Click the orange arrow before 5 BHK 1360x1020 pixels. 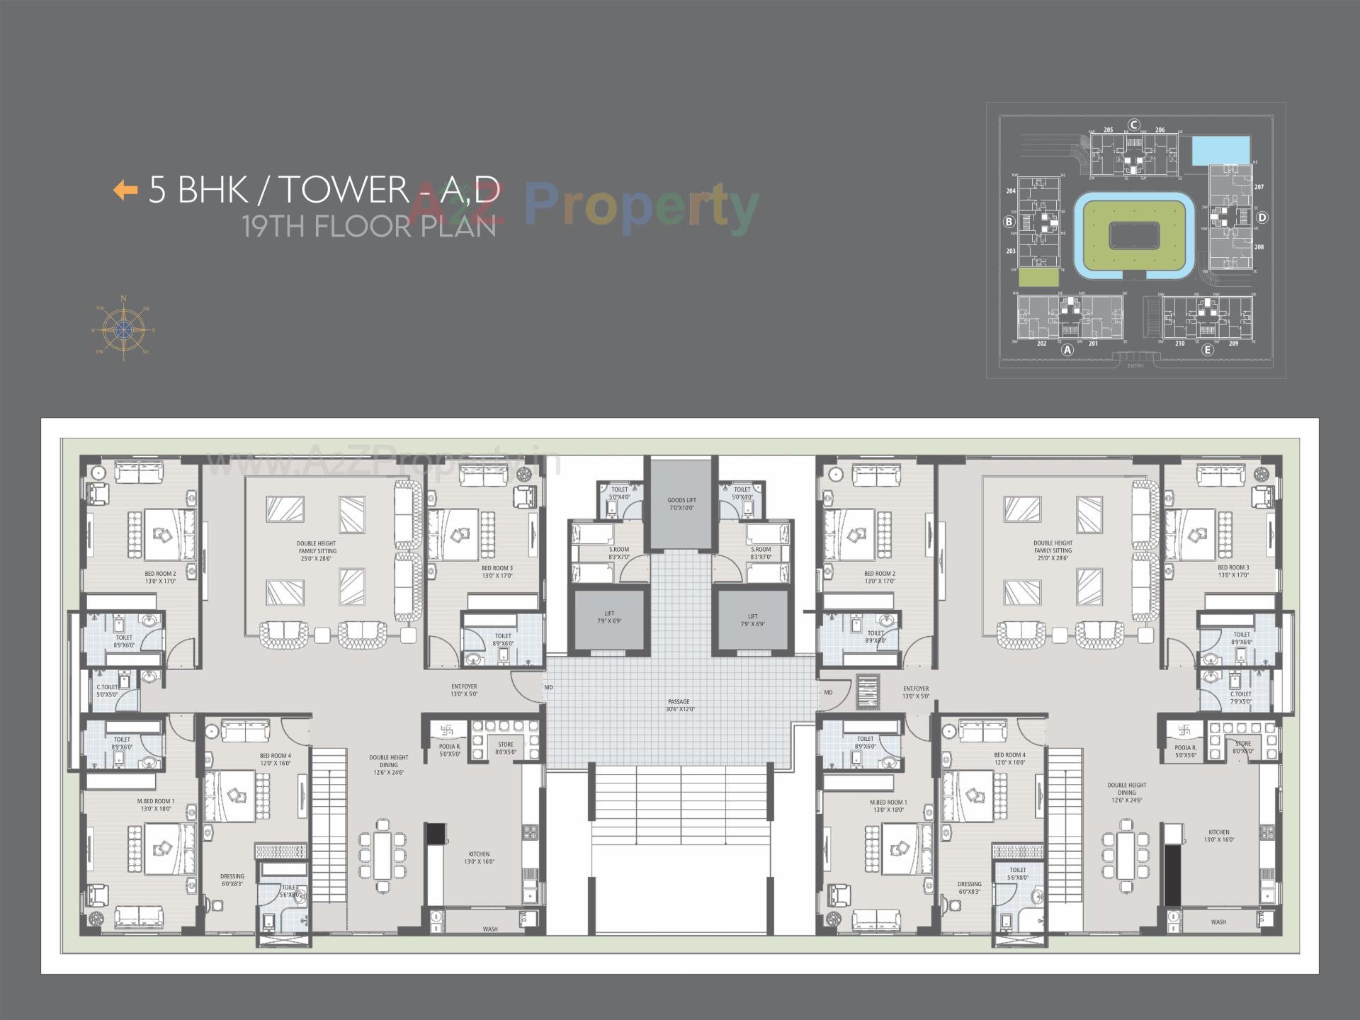point(125,190)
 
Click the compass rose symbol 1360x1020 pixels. point(124,329)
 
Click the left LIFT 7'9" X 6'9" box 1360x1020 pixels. point(609,618)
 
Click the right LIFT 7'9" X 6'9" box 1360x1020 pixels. point(752,620)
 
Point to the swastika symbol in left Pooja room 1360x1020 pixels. point(447,730)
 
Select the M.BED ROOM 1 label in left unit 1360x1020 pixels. point(156,805)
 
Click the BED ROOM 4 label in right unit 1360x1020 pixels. point(1009,759)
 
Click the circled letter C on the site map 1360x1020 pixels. point(1134,125)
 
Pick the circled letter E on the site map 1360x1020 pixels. point(1208,349)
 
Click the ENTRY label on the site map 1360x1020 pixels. point(1135,365)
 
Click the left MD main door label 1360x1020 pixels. point(549,687)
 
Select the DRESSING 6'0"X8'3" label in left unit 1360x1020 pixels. point(232,880)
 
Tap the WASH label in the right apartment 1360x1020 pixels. point(1218,922)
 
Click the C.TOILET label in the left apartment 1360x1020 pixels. point(108,691)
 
